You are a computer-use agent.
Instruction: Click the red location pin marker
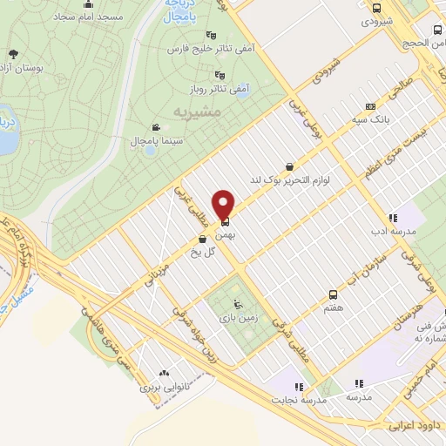tap(225, 204)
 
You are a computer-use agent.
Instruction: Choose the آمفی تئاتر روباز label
tap(215, 89)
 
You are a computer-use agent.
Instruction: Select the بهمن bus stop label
tap(226, 234)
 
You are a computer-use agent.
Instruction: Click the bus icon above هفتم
tap(332, 294)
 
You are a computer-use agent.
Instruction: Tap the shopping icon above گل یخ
tap(202, 239)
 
